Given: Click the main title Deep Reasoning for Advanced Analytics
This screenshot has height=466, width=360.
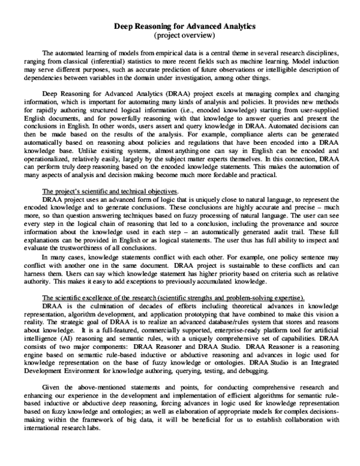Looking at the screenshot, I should click(x=180, y=26).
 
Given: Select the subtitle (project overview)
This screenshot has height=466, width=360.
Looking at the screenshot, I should click(x=180, y=35).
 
